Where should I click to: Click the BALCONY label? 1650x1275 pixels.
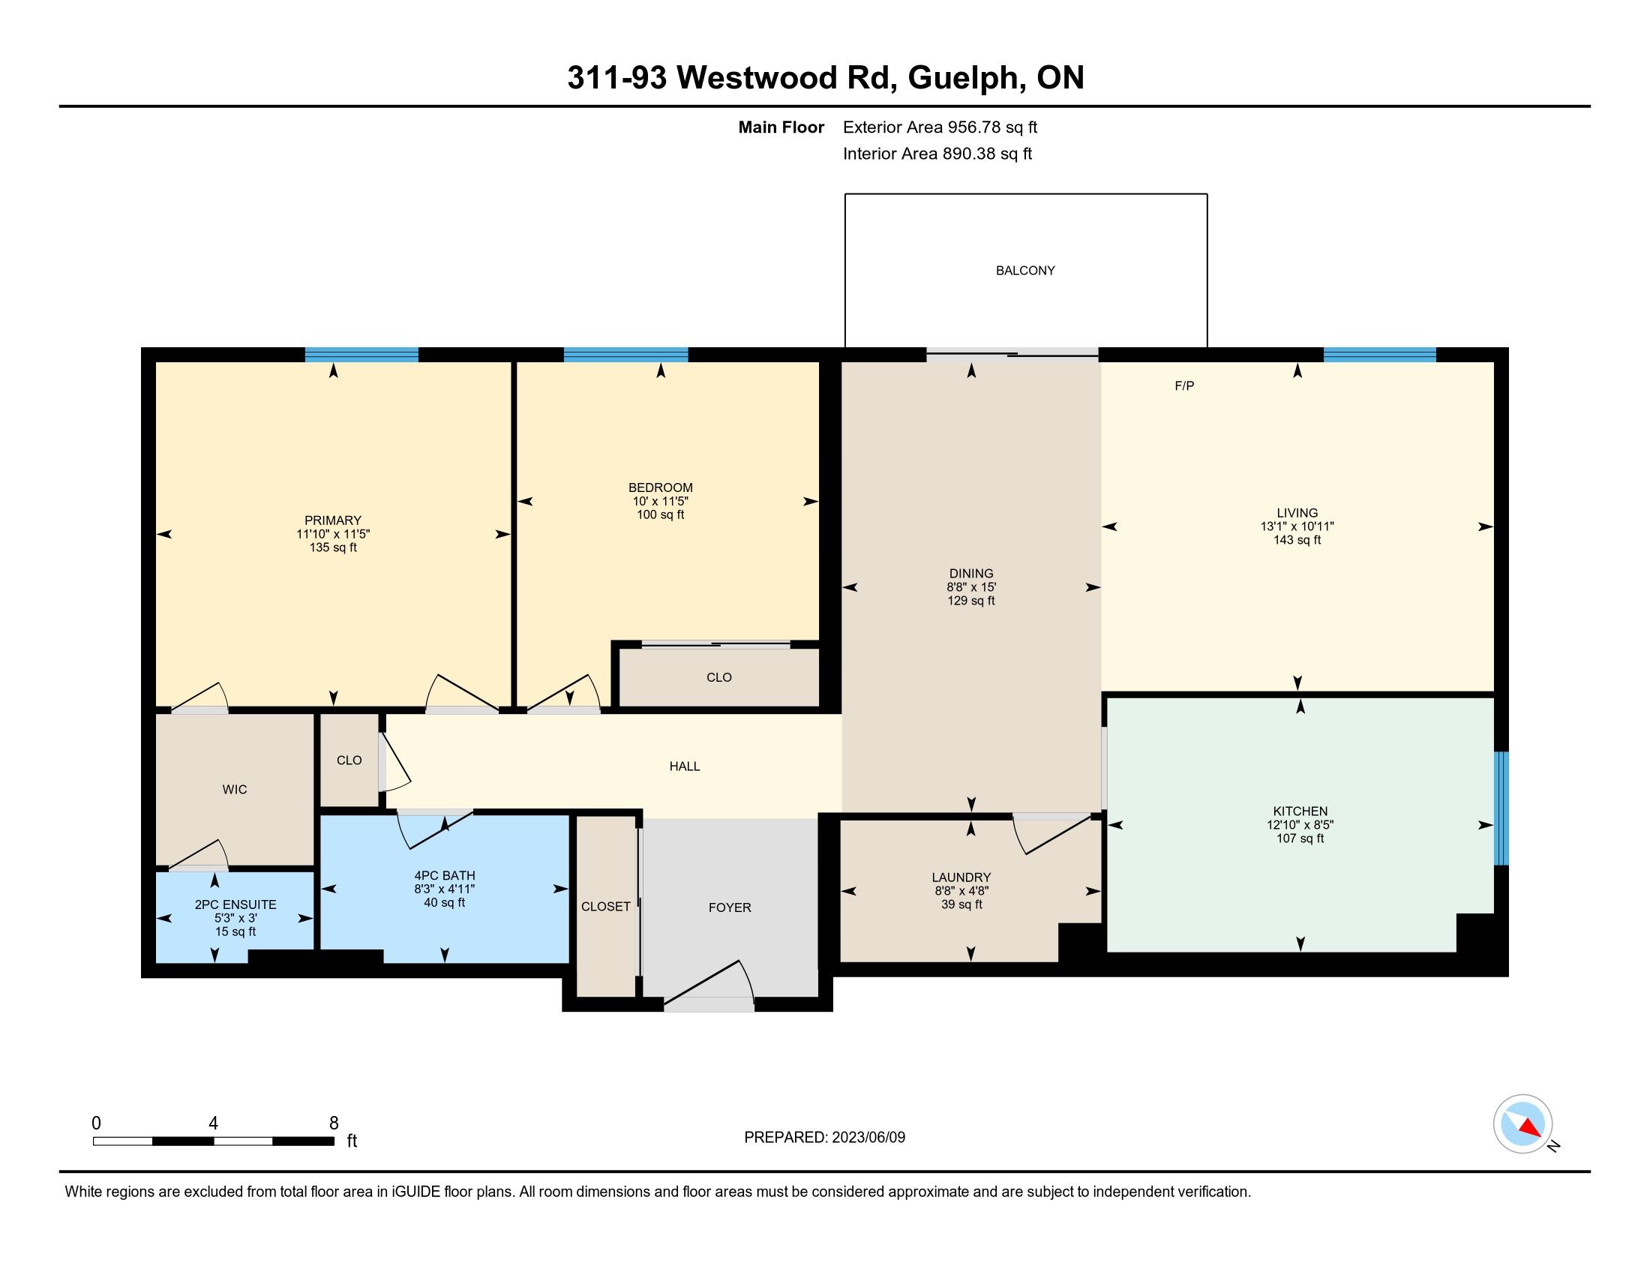tap(1025, 271)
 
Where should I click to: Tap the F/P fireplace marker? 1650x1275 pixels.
tap(1183, 386)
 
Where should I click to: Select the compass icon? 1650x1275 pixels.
tap(1522, 1123)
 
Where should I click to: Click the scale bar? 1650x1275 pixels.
tap(214, 1141)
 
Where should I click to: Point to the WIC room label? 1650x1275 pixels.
tap(235, 789)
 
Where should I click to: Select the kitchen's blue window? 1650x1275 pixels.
tap(1501, 808)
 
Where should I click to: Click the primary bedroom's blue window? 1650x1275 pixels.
tap(362, 355)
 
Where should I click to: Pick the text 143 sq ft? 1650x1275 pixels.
tap(1297, 540)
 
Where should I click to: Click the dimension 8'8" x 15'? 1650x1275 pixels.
tap(971, 587)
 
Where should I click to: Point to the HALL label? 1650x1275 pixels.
tap(685, 766)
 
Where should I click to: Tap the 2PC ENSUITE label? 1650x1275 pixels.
tap(235, 905)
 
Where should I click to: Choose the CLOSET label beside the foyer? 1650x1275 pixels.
tap(606, 907)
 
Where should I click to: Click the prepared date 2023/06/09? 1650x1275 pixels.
tap(868, 1138)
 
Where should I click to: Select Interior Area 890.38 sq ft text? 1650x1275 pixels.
tap(937, 154)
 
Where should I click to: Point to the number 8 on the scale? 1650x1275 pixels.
tap(334, 1123)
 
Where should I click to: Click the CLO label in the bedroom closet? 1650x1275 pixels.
tap(719, 677)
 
